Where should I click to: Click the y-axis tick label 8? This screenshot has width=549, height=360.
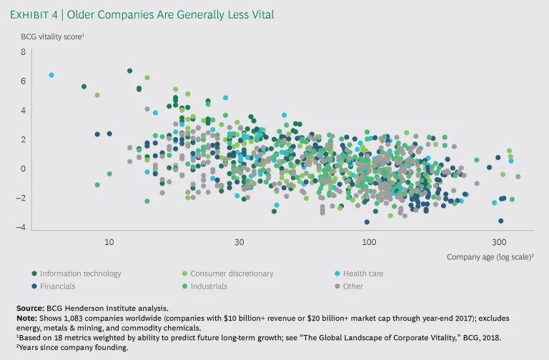tap(23, 52)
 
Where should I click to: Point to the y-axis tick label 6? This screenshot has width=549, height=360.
tap(23, 81)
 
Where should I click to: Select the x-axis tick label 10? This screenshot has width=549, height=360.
tap(109, 242)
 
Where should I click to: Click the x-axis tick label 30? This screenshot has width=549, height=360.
tap(239, 242)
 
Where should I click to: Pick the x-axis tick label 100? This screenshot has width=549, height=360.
tap(369, 242)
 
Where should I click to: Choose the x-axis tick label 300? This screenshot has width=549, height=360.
tap(499, 242)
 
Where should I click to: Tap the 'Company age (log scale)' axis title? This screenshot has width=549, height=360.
tap(490, 256)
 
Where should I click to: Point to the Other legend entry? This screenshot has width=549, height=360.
tap(353, 286)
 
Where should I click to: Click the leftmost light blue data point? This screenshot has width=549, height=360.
tap(51, 75)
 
